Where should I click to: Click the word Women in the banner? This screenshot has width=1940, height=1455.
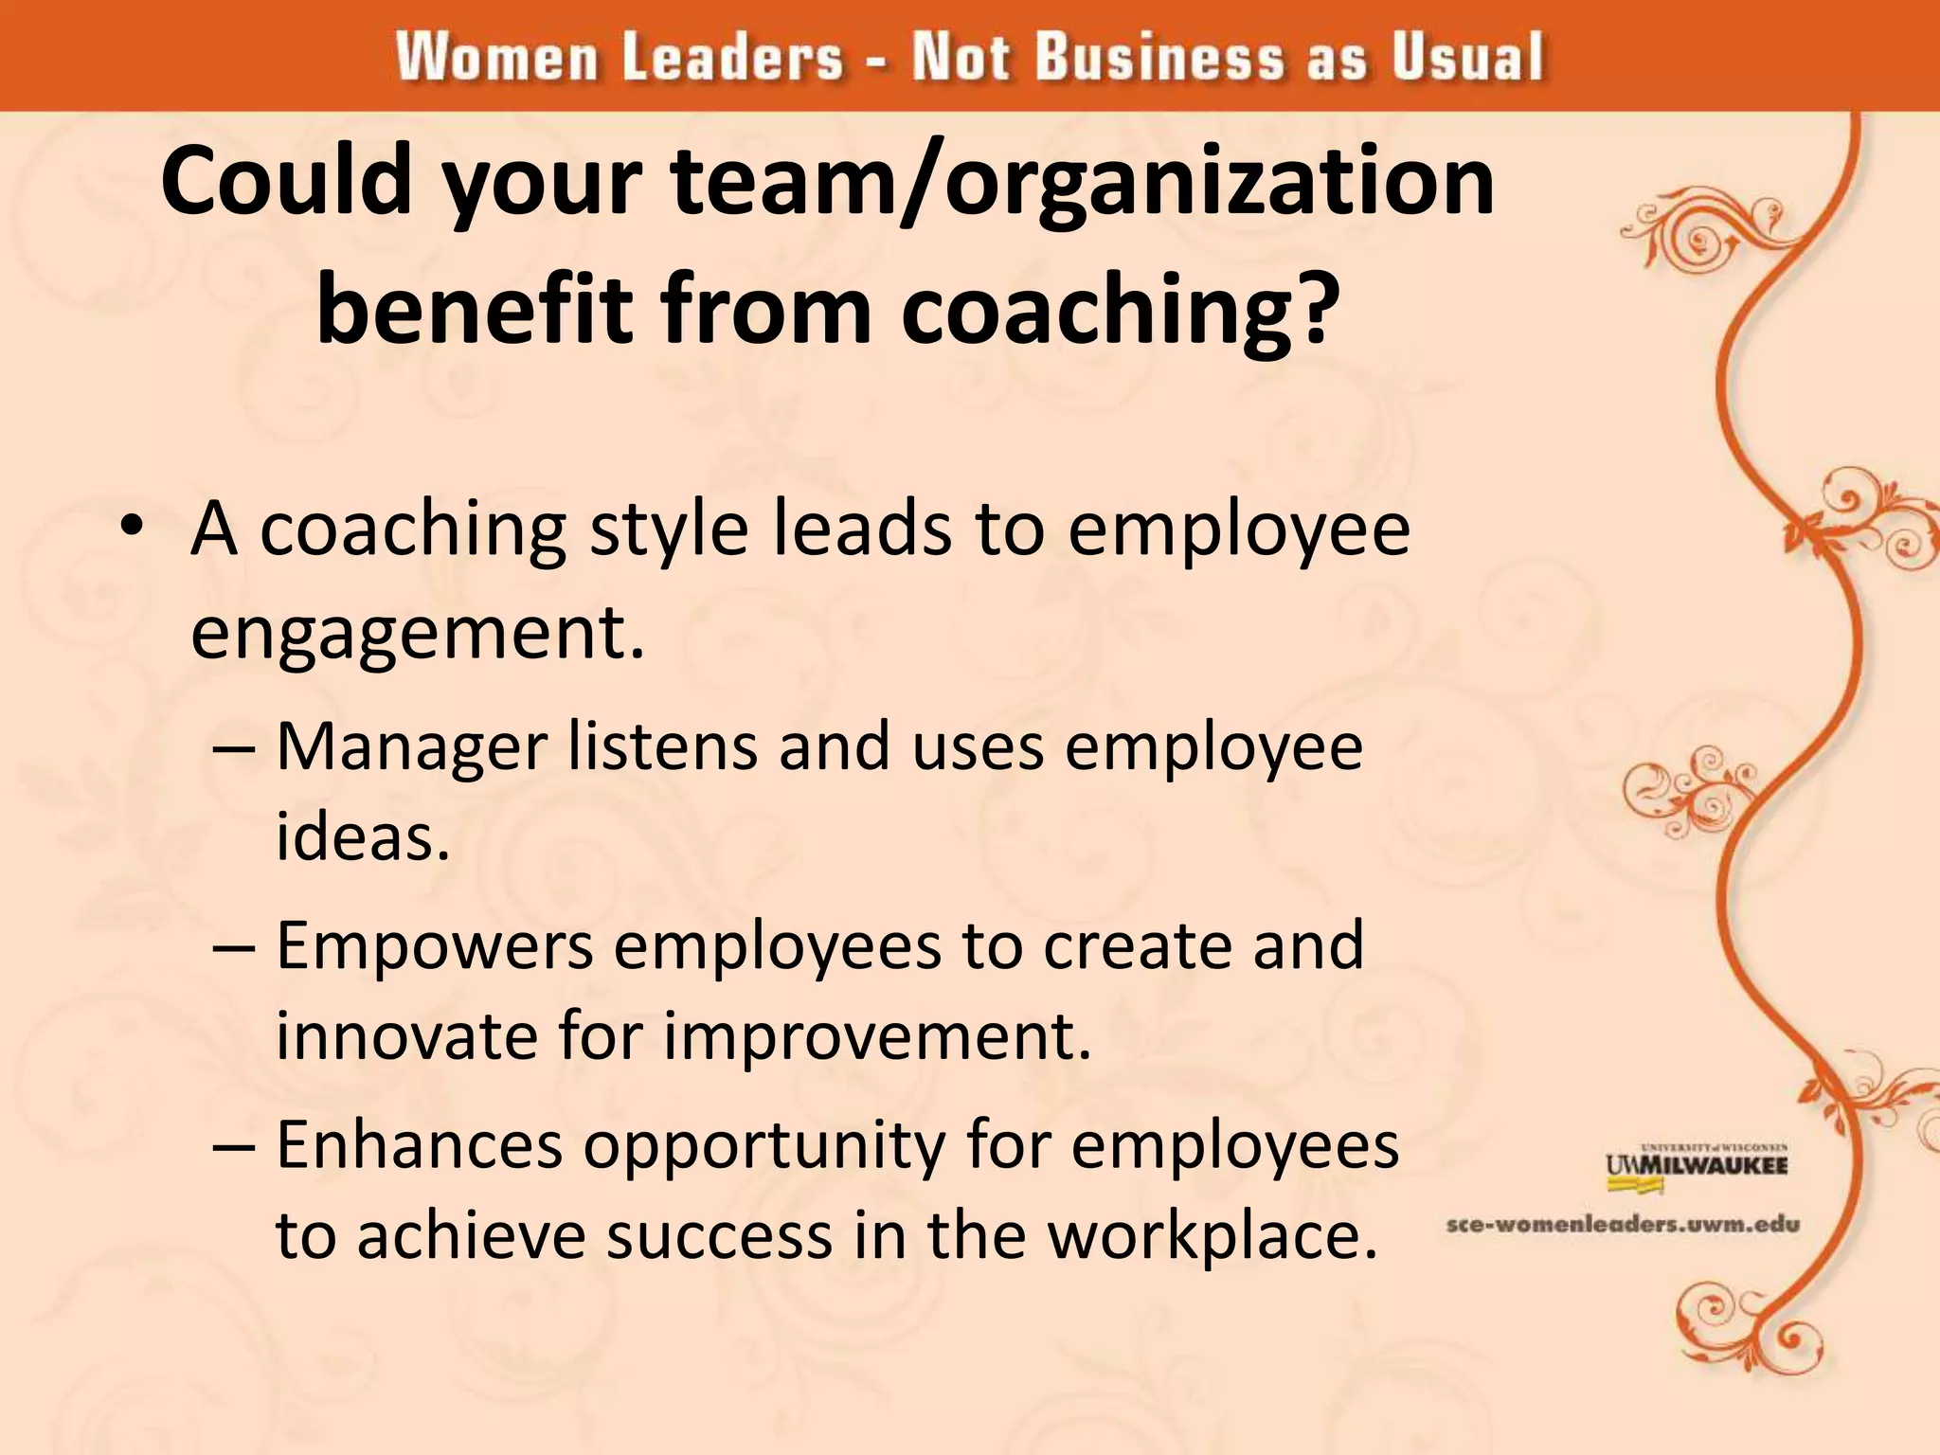click(x=497, y=57)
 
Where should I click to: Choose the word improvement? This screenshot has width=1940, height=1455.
click(x=876, y=1035)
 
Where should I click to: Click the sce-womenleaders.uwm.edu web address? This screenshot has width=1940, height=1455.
click(x=1623, y=1225)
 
